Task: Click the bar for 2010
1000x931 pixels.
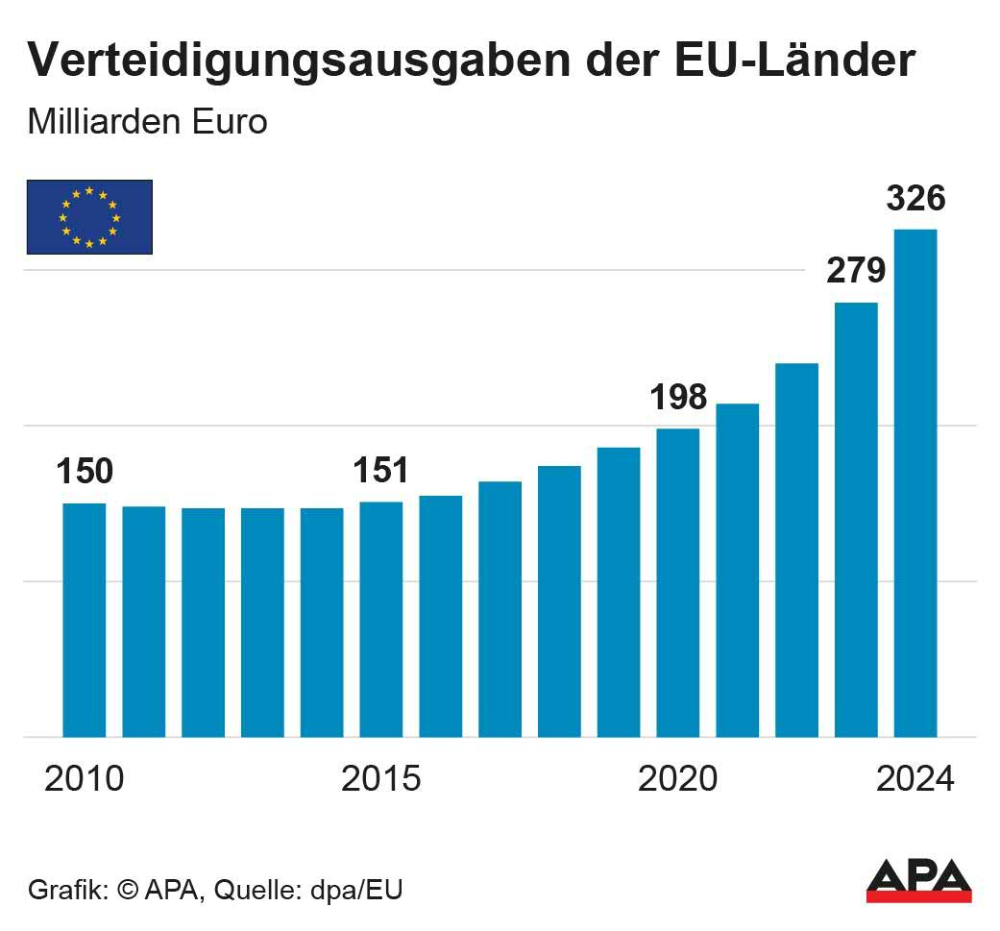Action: pyautogui.click(x=85, y=620)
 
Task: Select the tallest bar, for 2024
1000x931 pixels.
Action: pyautogui.click(x=915, y=482)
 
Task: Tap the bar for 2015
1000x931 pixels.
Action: pyautogui.click(x=381, y=619)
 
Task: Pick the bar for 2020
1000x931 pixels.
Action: pyautogui.click(x=678, y=582)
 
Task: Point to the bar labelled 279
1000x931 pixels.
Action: pyautogui.click(x=856, y=519)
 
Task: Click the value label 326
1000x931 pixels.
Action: pyautogui.click(x=915, y=199)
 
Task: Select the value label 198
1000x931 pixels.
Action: pyautogui.click(x=678, y=397)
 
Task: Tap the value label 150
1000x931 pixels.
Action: pyautogui.click(x=85, y=472)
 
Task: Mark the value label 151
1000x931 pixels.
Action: pyautogui.click(x=381, y=471)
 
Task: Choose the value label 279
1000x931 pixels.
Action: pyautogui.click(x=856, y=271)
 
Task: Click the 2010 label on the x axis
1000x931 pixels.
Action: pyautogui.click(x=85, y=779)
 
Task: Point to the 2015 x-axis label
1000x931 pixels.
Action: pyautogui.click(x=381, y=779)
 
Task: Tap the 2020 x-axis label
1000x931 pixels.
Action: pyautogui.click(x=678, y=779)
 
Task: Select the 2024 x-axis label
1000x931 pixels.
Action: pyautogui.click(x=915, y=779)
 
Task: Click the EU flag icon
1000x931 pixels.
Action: pyautogui.click(x=89, y=217)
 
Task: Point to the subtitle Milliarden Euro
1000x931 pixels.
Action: pyautogui.click(x=147, y=123)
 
